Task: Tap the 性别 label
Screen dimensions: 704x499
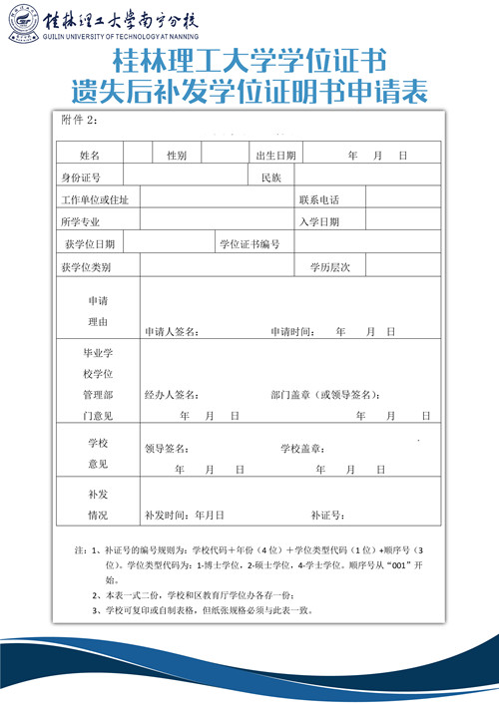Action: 177,156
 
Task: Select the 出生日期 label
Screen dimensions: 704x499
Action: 275,156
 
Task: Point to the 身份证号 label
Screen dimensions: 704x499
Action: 81,177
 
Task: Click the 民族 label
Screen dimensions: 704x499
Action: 271,177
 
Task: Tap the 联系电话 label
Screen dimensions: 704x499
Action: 319,199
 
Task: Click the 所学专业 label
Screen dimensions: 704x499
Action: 81,221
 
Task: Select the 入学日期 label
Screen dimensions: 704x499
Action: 319,221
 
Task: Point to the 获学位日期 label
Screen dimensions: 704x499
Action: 88,243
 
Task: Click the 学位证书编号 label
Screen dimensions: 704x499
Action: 249,243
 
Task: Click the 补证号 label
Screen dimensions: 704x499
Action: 327,516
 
